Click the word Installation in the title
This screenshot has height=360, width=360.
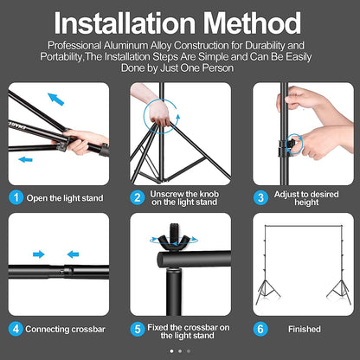coord(125,23)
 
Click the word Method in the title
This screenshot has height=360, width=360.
coord(253,23)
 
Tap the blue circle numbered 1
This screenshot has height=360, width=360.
coord(16,197)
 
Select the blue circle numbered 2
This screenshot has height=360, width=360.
coord(138,197)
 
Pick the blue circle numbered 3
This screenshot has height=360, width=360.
coord(260,197)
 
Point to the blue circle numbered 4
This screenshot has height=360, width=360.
coord(16,329)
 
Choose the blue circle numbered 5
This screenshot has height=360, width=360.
coord(138,329)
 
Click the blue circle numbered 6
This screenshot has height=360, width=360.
coord(260,329)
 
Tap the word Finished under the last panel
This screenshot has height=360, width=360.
coord(305,329)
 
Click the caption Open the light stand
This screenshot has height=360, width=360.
coord(65,198)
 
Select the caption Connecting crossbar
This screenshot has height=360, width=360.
coord(66,329)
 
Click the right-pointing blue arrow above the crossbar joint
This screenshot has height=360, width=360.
coord(39,254)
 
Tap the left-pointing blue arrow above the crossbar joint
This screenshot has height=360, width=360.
coord(73,254)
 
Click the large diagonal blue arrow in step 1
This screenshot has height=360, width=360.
coord(56,100)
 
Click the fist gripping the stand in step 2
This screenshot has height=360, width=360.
coord(159,114)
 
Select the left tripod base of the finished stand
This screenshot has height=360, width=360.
coord(267,292)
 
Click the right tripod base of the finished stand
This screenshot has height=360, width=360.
coord(339,292)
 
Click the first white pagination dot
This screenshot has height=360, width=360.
coord(172,351)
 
